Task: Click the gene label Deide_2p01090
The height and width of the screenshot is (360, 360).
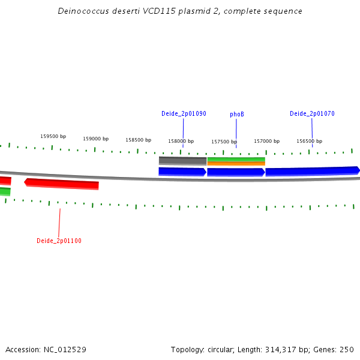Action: pyautogui.click(x=184, y=113)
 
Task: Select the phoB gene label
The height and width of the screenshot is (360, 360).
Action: pyautogui.click(x=237, y=114)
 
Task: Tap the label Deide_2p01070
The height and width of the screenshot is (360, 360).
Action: pyautogui.click(x=312, y=113)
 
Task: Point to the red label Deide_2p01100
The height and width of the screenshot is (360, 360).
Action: pyautogui.click(x=59, y=241)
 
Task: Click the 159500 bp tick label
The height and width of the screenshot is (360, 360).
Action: pyautogui.click(x=53, y=136)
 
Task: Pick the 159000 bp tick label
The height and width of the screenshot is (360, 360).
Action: pyautogui.click(x=95, y=139)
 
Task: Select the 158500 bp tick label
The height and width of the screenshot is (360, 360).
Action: pyautogui.click(x=138, y=140)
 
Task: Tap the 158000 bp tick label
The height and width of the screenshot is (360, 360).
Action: pyautogui.click(x=181, y=142)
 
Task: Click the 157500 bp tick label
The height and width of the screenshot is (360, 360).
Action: pyautogui.click(x=224, y=142)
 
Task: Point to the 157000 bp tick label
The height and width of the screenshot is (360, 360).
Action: pyautogui.click(x=266, y=141)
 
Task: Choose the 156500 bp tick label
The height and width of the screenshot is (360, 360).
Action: pyautogui.click(x=309, y=141)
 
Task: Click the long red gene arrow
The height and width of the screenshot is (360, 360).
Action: pyautogui.click(x=61, y=183)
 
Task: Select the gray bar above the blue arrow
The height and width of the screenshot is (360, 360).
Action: pyautogui.click(x=182, y=161)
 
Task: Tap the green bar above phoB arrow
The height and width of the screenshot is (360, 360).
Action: pyautogui.click(x=236, y=160)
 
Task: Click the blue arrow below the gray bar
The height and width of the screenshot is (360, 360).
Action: pyautogui.click(x=182, y=172)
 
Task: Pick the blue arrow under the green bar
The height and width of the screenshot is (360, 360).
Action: pyautogui.click(x=236, y=172)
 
